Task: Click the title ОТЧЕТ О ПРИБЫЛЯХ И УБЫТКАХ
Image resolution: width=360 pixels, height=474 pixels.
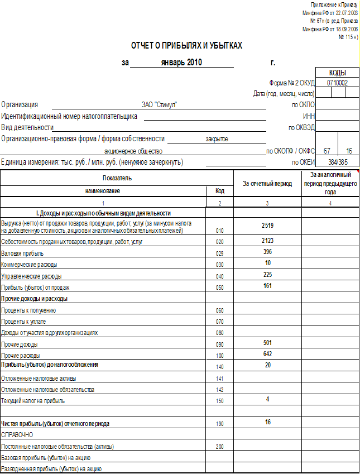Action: click(186, 45)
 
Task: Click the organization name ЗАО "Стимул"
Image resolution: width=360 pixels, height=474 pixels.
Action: click(159, 104)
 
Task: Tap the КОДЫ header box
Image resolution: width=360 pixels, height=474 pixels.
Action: click(337, 73)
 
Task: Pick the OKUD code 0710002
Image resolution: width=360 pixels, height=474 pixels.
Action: click(337, 82)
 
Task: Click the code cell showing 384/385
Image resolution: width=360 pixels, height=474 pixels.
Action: click(337, 162)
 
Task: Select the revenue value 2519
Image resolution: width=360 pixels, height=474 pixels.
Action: click(267, 225)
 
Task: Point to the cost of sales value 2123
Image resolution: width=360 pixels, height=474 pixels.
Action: click(267, 241)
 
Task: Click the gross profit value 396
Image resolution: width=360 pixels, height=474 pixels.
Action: click(267, 252)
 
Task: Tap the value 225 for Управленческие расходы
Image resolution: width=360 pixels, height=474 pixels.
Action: click(267, 275)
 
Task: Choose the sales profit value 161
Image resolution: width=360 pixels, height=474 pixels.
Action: click(267, 286)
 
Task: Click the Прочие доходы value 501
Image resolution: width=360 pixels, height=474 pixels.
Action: click(267, 343)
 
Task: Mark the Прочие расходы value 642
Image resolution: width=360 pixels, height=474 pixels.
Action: click(267, 354)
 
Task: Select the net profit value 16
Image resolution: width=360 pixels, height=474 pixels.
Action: click(267, 422)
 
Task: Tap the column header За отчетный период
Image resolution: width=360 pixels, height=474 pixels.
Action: click(267, 184)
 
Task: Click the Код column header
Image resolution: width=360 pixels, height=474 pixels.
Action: click(220, 191)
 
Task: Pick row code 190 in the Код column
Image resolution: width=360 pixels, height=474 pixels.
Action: click(220, 424)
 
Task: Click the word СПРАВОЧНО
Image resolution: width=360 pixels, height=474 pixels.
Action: click(17, 434)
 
